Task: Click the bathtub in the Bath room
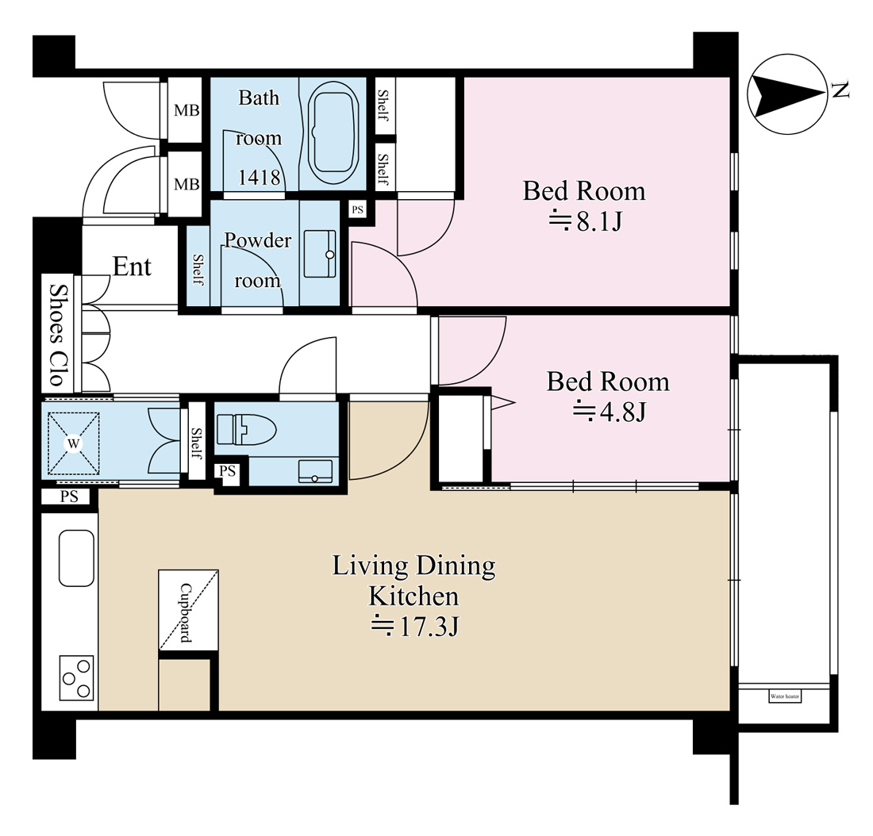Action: pos(333,133)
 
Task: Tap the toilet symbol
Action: pos(246,429)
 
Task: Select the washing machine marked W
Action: pos(73,443)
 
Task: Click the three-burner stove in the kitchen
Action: pos(77,678)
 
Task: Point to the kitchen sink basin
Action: pos(76,558)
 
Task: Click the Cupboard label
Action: pos(186,612)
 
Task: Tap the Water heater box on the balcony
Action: pos(785,696)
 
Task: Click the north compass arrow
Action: pos(786,94)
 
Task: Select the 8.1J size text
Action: pos(585,221)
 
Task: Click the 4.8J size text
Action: pos(609,412)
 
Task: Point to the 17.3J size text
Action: pos(415,626)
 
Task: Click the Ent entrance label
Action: pos(132,267)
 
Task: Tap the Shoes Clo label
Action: pos(58,335)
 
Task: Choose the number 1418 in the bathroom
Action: pos(259,178)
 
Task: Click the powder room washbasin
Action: pos(320,254)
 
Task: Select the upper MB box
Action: pos(187,110)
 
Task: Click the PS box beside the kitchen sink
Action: pos(69,496)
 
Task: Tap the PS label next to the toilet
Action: pos(227,471)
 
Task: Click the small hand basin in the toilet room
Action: pos(315,471)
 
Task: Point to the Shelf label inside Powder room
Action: pos(198,269)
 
